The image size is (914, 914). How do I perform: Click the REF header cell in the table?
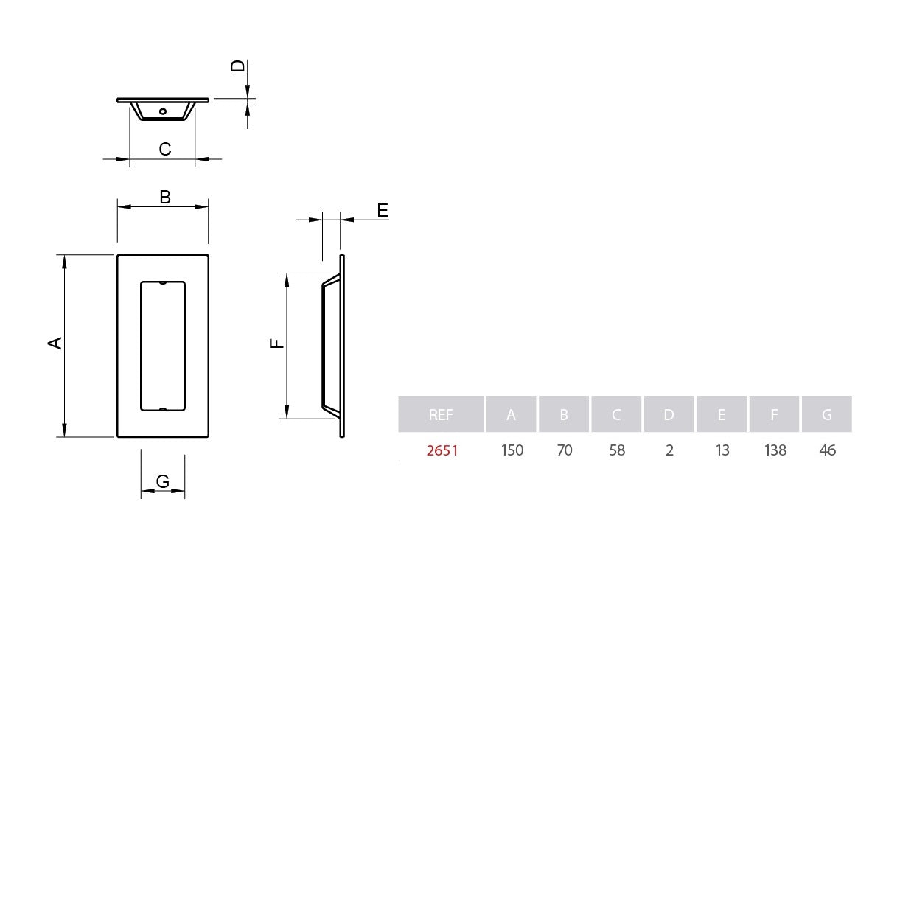click(x=441, y=414)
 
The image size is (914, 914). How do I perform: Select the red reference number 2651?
click(x=442, y=450)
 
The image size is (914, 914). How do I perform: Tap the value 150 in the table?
click(x=512, y=450)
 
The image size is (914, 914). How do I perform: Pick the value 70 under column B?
click(x=565, y=450)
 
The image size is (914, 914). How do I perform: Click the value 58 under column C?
click(x=617, y=450)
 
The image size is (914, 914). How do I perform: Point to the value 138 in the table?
click(x=775, y=450)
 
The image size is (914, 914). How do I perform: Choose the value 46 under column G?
click(x=827, y=450)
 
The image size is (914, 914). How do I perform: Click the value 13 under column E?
click(x=722, y=450)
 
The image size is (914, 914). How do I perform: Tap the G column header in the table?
click(x=827, y=414)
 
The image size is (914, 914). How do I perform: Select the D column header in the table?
click(x=669, y=414)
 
